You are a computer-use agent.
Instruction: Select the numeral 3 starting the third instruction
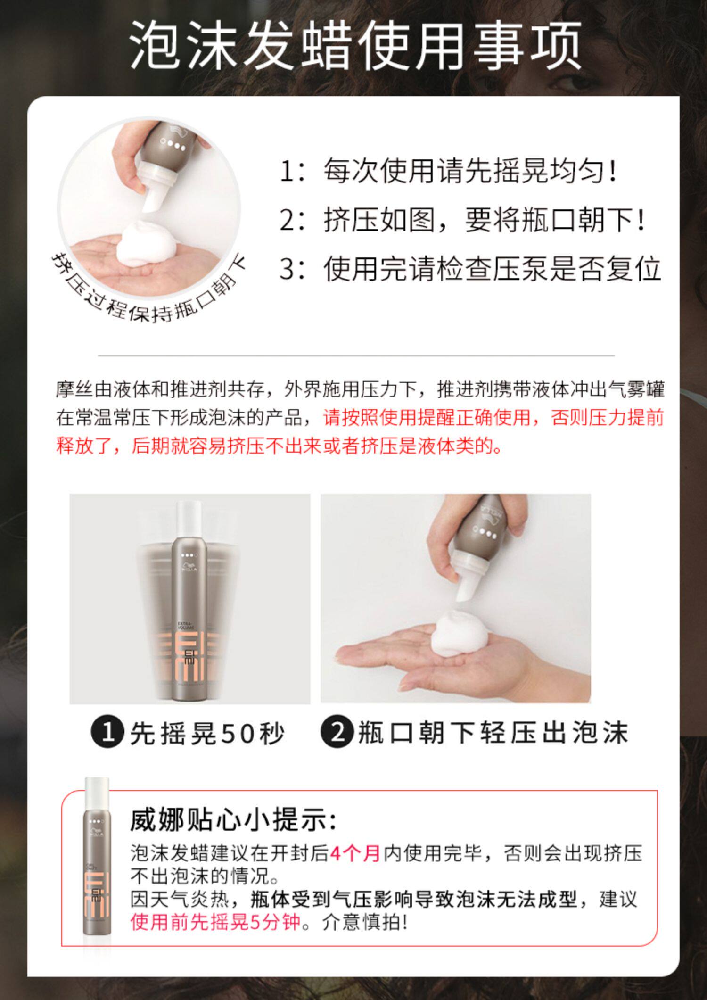pyautogui.click(x=288, y=269)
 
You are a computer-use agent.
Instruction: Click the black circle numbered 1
pyautogui.click(x=108, y=733)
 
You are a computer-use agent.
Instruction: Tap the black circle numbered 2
pyautogui.click(x=337, y=733)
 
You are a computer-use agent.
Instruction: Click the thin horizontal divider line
pyautogui.click(x=356, y=355)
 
